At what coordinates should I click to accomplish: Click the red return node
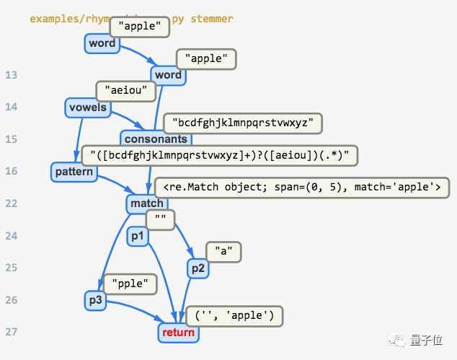(x=178, y=333)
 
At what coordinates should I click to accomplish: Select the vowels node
(x=87, y=107)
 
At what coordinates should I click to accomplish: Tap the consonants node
(x=156, y=139)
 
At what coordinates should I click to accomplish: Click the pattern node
(x=74, y=172)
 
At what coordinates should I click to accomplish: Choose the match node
(x=146, y=203)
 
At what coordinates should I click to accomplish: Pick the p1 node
(x=137, y=236)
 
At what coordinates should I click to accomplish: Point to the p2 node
(x=198, y=268)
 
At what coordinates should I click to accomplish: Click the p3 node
(x=96, y=300)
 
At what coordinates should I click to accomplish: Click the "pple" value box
(x=130, y=284)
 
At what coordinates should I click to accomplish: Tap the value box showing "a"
(x=223, y=252)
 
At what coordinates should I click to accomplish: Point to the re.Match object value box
(x=301, y=188)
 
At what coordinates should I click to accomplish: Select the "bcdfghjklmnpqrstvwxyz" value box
(x=242, y=123)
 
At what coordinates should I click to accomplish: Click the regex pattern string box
(x=219, y=155)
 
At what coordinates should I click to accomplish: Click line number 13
(x=11, y=75)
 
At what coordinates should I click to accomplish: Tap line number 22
(x=11, y=203)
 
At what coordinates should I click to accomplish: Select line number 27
(x=11, y=332)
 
